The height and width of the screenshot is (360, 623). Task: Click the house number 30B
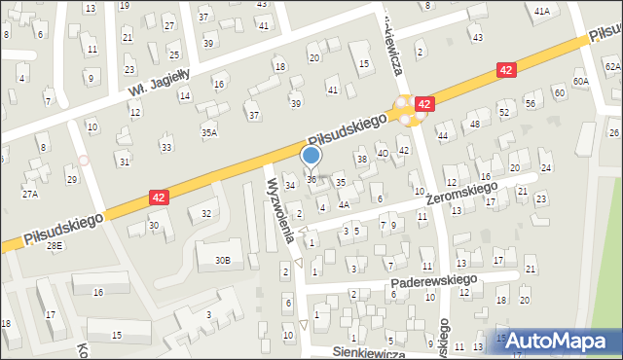[x=223, y=260]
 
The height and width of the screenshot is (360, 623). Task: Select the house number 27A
[x=31, y=195]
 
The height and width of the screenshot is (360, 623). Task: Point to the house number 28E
[x=55, y=246]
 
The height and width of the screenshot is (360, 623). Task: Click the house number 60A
[x=581, y=82]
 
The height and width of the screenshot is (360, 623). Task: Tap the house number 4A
[x=344, y=205]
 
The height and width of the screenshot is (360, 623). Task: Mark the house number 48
[x=474, y=125]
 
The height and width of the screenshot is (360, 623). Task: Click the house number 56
[x=531, y=103]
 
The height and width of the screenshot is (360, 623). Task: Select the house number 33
[x=166, y=147]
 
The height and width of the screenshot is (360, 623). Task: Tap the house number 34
[x=289, y=185]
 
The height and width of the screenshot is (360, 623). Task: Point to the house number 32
[x=206, y=213]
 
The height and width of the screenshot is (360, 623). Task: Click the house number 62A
[x=611, y=66]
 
